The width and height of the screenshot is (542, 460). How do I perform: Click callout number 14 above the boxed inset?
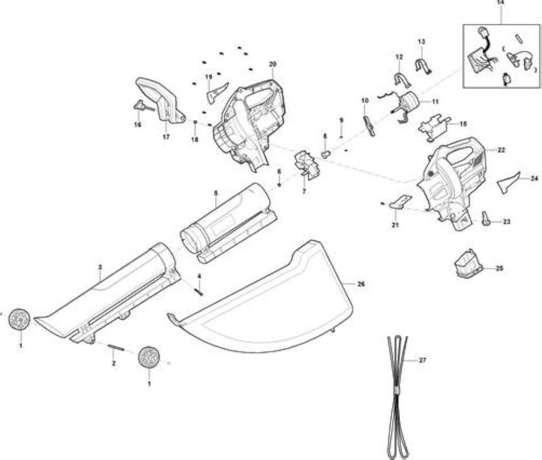500,2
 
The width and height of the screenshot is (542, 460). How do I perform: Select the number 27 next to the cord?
422,360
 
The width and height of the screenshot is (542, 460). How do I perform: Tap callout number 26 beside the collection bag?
361,284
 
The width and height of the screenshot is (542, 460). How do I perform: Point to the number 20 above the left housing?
273,64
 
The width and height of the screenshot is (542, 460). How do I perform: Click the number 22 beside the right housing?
501,149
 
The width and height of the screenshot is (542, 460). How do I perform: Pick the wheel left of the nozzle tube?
20,318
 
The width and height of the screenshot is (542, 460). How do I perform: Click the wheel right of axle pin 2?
149,356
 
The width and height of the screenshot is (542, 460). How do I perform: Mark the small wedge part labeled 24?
509,182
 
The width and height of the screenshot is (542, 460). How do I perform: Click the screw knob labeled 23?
486,218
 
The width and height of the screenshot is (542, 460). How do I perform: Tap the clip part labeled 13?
423,66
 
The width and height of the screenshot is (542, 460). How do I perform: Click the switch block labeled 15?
433,127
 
